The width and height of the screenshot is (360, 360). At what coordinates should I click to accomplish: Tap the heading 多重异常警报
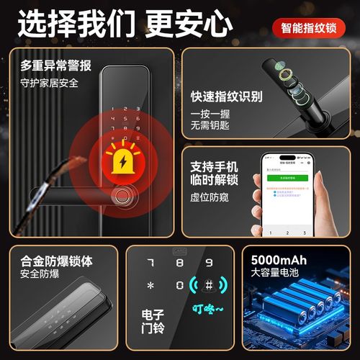click(x=55, y=66)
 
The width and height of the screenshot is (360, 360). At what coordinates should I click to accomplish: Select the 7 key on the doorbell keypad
click(x=150, y=263)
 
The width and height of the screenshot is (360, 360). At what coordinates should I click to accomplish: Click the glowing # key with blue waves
click(x=209, y=285)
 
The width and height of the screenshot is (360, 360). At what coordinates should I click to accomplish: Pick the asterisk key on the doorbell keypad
click(x=150, y=286)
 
